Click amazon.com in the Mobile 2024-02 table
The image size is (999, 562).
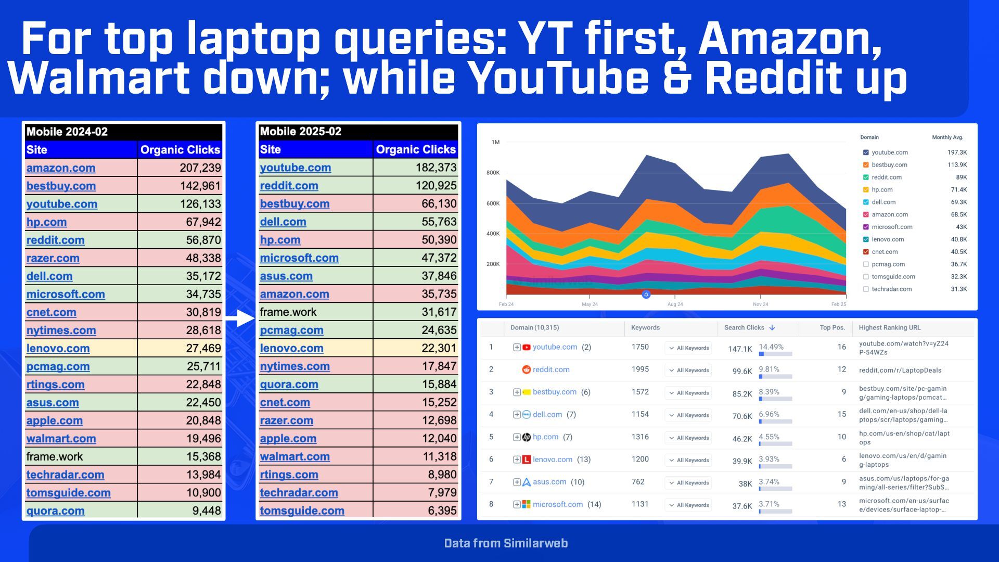61,168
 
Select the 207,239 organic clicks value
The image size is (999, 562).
200,168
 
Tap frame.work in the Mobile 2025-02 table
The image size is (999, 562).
288,312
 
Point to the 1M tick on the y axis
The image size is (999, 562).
495,142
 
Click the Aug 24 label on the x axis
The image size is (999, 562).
675,304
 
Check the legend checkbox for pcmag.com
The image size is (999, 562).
866,264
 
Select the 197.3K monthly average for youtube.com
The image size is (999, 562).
957,152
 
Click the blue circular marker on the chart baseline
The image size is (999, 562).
646,295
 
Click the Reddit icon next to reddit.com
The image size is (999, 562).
526,369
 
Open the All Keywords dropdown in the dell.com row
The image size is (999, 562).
688,415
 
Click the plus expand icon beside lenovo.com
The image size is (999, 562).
517,459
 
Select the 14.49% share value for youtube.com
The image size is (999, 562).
771,347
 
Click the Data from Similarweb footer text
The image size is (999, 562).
506,543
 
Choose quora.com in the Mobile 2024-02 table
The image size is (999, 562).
55,511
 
